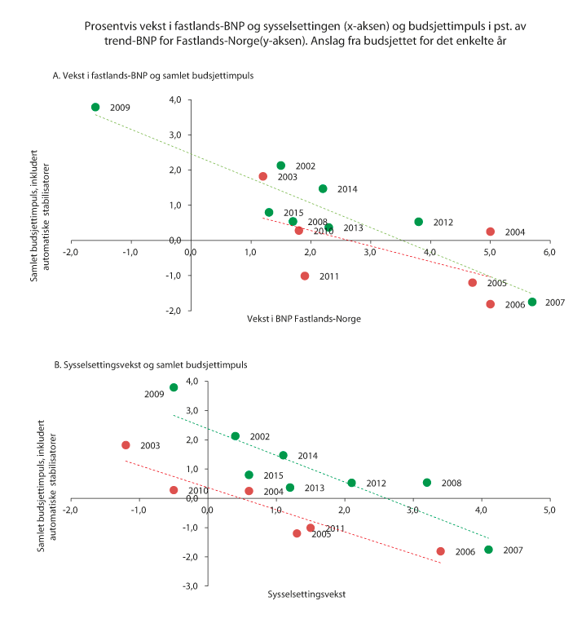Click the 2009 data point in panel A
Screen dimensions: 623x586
pos(95,107)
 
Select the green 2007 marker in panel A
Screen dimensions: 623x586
pos(532,302)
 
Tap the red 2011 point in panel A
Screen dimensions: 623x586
pos(305,276)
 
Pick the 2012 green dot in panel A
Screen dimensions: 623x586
pos(419,222)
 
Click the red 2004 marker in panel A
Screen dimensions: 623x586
pos(491,232)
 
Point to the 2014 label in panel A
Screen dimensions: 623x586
pos(348,189)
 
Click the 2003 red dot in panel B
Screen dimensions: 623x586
pos(126,445)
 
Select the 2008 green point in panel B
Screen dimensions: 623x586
pos(427,483)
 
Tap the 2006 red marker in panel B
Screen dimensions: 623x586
pos(441,551)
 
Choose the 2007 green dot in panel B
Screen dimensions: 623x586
pos(488,550)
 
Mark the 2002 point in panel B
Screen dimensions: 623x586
pos(236,436)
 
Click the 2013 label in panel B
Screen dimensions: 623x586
pos(315,488)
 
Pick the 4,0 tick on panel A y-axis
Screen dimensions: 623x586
pos(174,100)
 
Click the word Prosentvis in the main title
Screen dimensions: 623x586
pos(109,26)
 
